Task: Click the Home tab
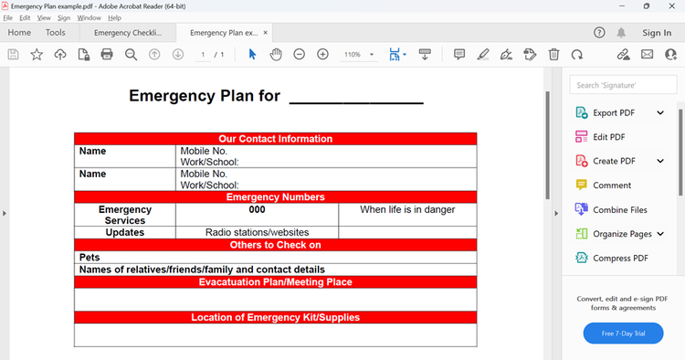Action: pos(19,33)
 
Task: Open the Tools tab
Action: pos(56,33)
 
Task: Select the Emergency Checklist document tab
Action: pos(127,33)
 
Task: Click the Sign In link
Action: pos(656,33)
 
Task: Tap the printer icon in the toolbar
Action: pos(107,55)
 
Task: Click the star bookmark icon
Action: pos(37,55)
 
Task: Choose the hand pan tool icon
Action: pos(276,55)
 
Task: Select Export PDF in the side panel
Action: pos(613,113)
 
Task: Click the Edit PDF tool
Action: pos(608,137)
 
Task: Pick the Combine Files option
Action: pos(619,210)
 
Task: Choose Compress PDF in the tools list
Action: pos(619,258)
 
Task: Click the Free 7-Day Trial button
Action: pos(623,334)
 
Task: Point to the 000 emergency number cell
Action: pos(257,210)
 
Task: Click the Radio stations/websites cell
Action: pos(257,232)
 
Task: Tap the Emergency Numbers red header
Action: pos(275,197)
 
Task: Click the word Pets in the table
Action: pos(90,258)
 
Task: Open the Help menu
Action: pos(114,17)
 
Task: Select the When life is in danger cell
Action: pos(407,210)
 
